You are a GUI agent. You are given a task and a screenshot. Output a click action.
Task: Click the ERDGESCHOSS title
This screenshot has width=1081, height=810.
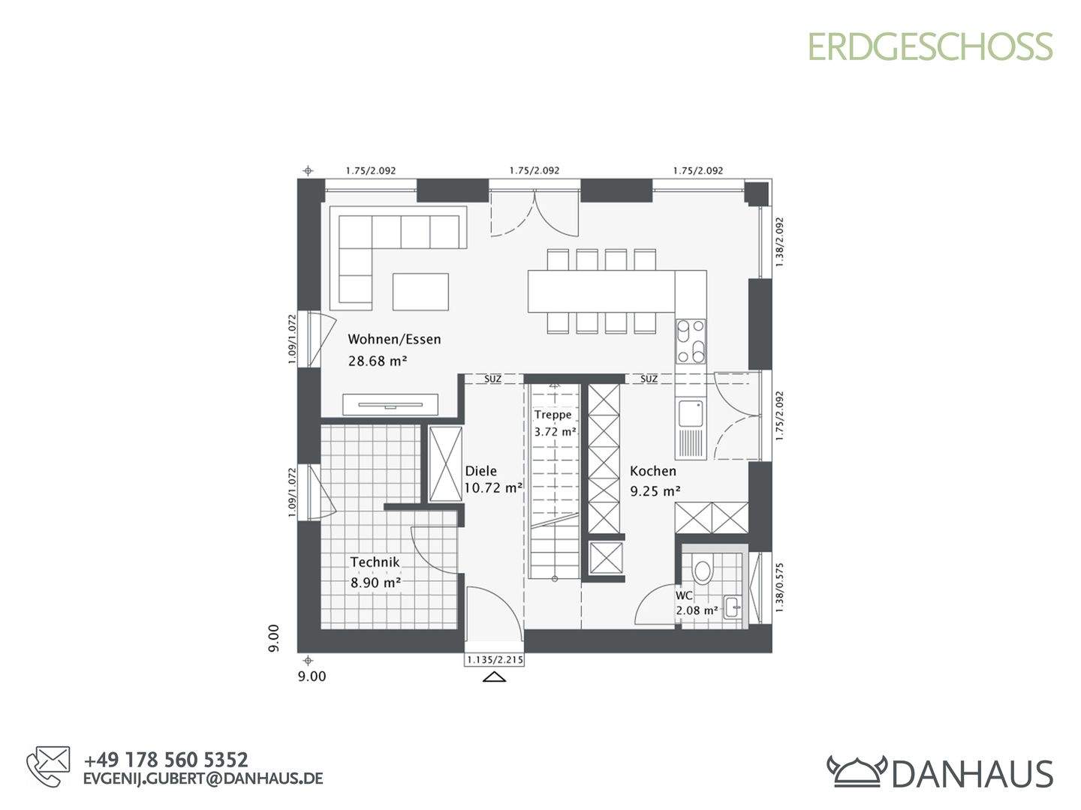(930, 46)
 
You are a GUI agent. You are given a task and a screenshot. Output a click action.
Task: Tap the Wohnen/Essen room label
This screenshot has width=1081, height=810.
(394, 339)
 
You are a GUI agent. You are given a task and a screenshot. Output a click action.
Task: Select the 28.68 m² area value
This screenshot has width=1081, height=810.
(378, 361)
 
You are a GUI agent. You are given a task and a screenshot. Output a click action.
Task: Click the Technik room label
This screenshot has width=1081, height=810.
(375, 562)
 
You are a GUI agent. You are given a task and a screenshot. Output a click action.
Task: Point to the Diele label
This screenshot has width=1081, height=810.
(480, 471)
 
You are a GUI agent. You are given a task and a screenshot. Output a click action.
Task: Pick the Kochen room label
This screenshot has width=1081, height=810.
(653, 471)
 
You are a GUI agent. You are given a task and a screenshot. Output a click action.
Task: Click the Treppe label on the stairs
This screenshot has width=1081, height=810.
(553, 415)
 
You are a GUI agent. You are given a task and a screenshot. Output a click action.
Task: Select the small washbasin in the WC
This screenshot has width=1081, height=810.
(733, 607)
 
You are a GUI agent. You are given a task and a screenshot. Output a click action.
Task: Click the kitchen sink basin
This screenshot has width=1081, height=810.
(690, 413)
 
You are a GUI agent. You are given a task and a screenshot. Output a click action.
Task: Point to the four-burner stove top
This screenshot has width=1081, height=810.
(690, 341)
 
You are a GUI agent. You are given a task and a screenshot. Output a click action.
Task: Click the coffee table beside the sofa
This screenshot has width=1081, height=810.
(420, 292)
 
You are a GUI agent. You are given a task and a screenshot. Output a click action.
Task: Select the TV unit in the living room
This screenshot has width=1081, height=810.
(390, 405)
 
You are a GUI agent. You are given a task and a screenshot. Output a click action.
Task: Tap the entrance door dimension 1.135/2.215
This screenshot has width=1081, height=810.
(494, 659)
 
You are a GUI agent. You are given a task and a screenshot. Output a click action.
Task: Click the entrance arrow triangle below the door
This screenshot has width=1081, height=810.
(495, 677)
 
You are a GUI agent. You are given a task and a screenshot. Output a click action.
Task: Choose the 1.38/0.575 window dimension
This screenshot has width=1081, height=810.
(779, 588)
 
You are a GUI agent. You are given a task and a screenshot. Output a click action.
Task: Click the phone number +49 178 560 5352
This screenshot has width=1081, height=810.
(166, 760)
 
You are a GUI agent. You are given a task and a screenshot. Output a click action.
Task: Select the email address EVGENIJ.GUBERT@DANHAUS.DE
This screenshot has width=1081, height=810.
(203, 778)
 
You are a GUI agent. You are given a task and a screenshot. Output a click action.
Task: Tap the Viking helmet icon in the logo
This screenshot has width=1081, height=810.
(857, 772)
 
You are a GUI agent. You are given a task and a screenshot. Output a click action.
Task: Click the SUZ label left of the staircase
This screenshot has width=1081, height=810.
(492, 379)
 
